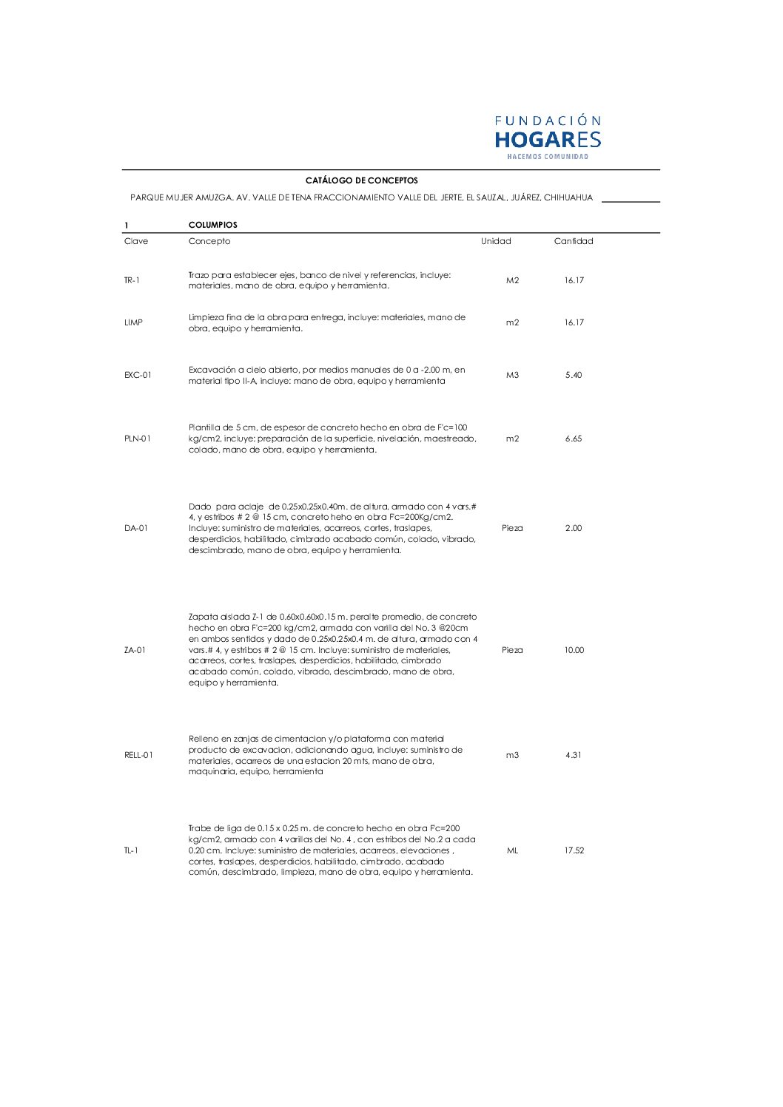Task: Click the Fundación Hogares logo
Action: click(x=548, y=137)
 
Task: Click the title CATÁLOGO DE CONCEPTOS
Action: click(x=361, y=180)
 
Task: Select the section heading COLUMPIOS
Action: click(x=213, y=225)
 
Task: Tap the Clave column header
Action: click(x=136, y=241)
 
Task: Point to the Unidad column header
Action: click(x=496, y=241)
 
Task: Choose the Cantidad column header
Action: click(x=574, y=241)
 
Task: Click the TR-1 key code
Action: click(x=132, y=280)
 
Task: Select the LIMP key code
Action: click(x=133, y=322)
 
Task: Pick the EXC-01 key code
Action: click(x=138, y=375)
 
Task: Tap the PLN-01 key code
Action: click(x=138, y=439)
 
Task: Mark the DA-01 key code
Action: click(x=136, y=528)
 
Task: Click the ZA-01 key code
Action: click(x=135, y=650)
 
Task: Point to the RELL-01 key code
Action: click(x=138, y=755)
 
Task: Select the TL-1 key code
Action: click(x=131, y=850)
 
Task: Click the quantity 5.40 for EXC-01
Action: click(x=574, y=375)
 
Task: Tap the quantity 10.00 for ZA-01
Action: click(x=574, y=650)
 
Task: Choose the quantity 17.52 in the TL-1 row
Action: click(x=574, y=850)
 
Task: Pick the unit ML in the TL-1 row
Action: click(x=512, y=850)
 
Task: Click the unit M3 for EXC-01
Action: click(x=512, y=375)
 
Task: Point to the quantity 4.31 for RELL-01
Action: click(x=574, y=755)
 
